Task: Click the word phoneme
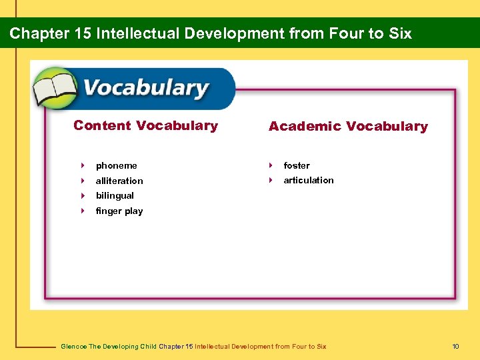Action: (x=116, y=165)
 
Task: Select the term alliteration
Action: (x=119, y=181)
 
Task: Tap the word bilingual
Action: (x=115, y=195)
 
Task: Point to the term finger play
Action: (x=119, y=211)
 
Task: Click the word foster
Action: (x=297, y=165)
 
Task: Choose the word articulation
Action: (x=309, y=180)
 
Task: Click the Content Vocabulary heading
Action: (x=145, y=125)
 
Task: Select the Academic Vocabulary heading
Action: (x=348, y=126)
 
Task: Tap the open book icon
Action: (x=56, y=89)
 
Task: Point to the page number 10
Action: (x=455, y=346)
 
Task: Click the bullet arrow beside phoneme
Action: (x=83, y=165)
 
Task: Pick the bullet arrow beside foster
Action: (x=271, y=165)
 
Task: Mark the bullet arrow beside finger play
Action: (x=83, y=211)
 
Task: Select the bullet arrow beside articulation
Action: (x=271, y=180)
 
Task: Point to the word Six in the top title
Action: (x=400, y=33)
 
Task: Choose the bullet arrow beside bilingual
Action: (x=83, y=195)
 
